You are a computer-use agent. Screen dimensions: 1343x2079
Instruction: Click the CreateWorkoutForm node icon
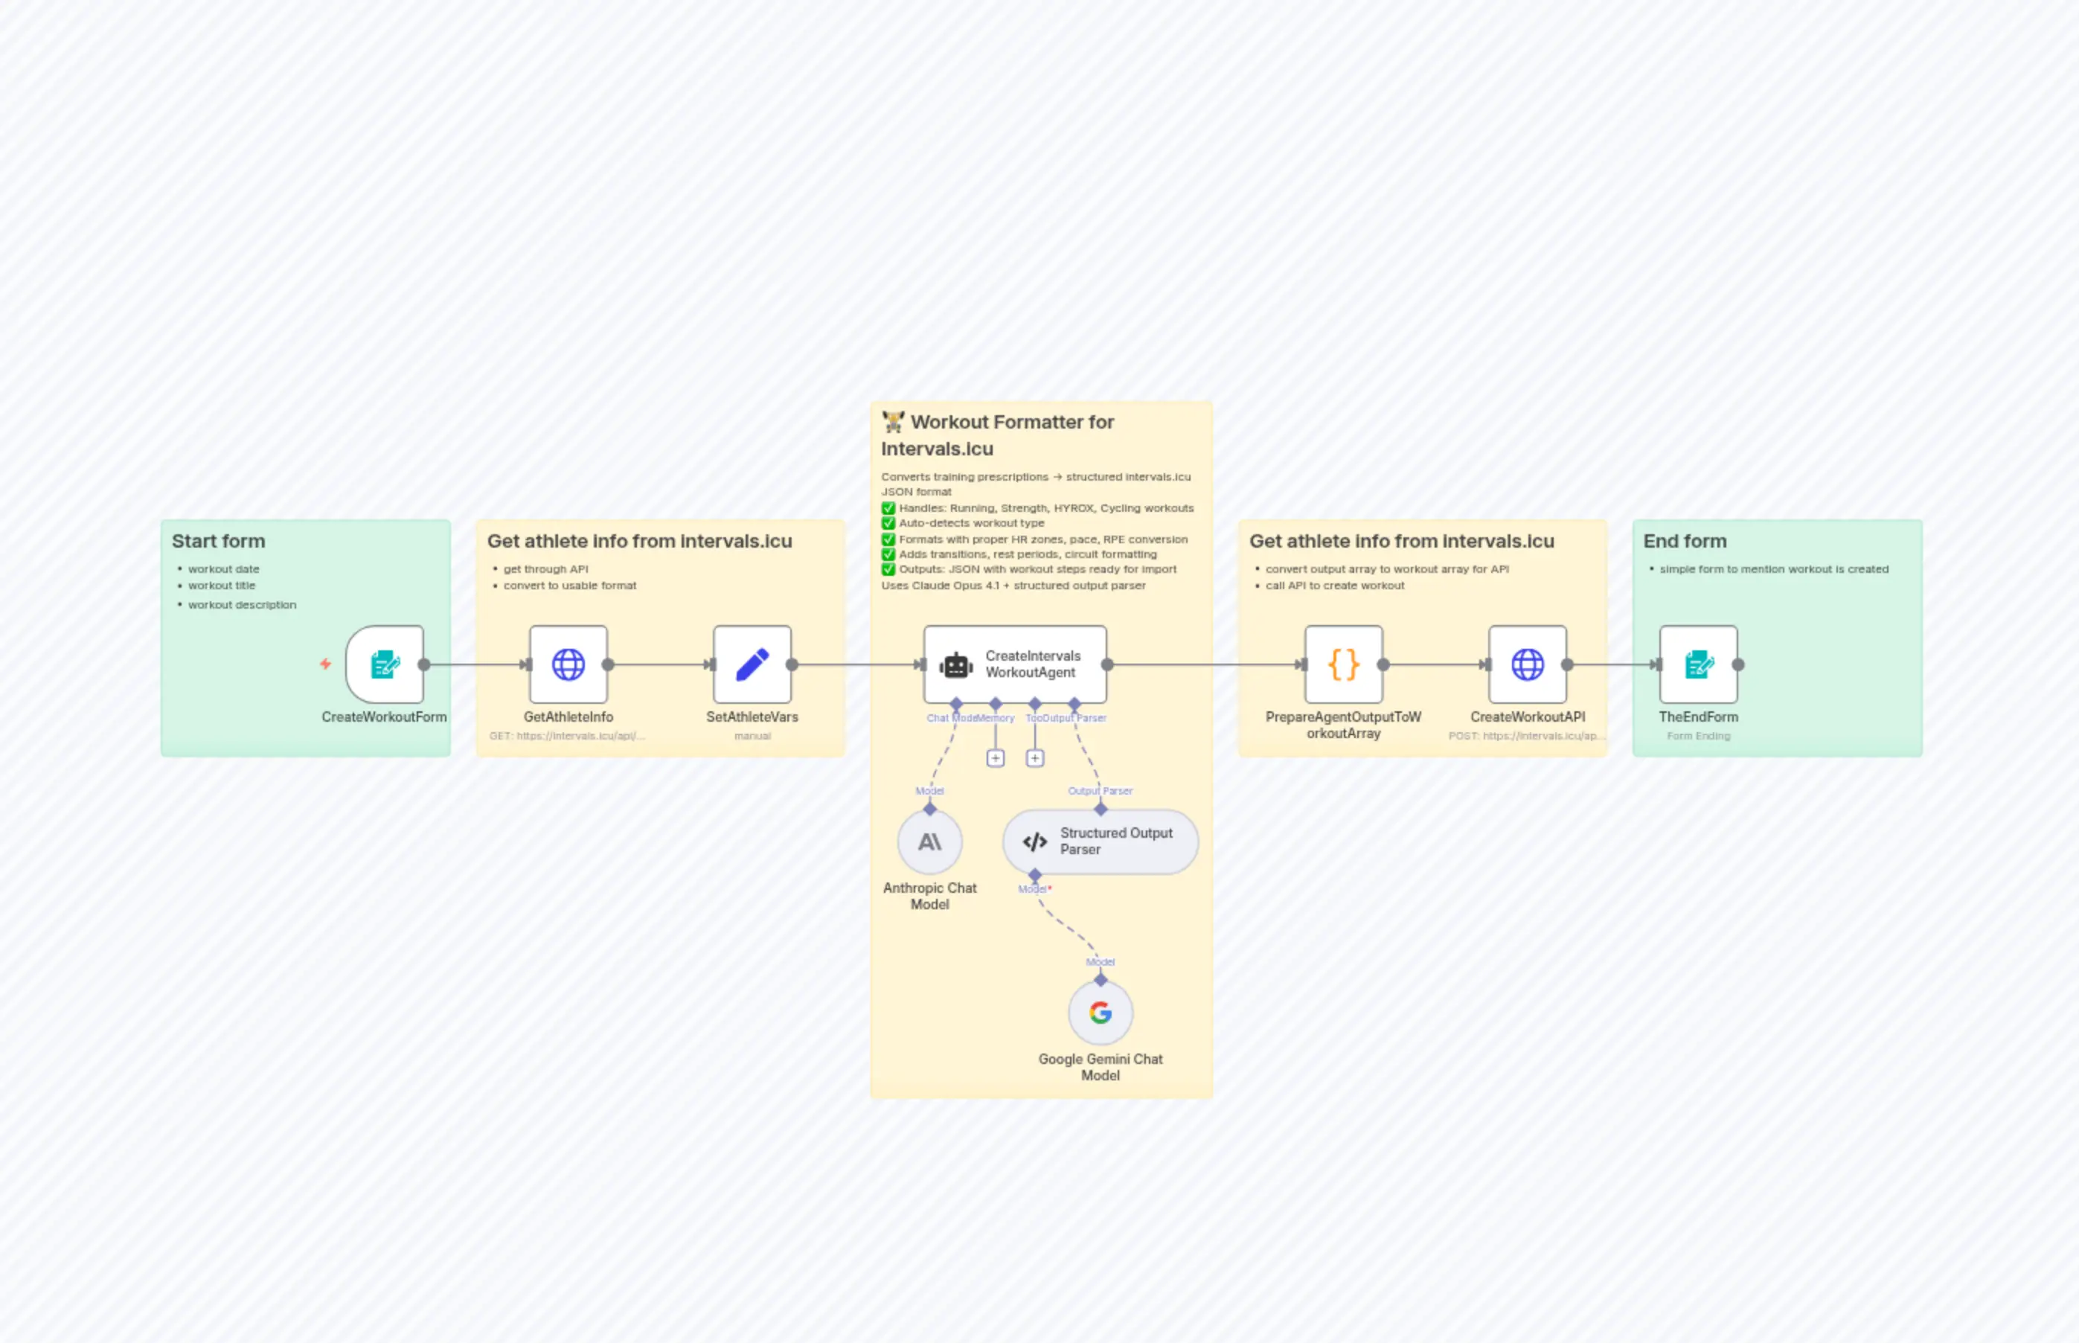point(385,664)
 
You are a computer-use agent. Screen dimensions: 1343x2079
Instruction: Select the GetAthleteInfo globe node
point(568,664)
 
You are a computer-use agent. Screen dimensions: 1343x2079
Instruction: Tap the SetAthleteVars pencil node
point(752,664)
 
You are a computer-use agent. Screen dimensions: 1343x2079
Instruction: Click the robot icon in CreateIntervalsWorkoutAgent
point(955,665)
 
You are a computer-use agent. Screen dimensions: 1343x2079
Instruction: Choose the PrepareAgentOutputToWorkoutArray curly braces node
point(1343,664)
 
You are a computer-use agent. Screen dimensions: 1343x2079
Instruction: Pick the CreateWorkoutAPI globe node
point(1527,664)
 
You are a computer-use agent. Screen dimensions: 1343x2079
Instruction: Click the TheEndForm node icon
point(1698,664)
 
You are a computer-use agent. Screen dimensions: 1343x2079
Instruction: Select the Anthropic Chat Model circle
point(929,842)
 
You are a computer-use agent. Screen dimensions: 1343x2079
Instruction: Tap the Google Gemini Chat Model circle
point(1101,1013)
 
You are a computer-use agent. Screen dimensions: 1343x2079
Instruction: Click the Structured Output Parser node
point(1101,842)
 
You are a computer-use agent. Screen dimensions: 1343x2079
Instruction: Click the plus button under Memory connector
point(995,759)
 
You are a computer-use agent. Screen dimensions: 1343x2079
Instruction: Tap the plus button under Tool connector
point(1035,759)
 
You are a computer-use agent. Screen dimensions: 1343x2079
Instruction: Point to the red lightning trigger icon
point(325,664)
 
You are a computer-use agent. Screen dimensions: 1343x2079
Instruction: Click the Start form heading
point(218,542)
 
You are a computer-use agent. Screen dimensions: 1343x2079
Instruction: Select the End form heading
point(1685,542)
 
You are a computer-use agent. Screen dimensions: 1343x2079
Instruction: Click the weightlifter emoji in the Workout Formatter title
point(893,422)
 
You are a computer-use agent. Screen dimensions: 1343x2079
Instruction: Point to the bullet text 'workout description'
point(243,605)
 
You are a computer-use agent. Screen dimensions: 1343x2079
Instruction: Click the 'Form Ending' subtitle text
point(1698,736)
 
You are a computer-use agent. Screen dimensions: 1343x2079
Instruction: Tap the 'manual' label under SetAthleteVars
point(752,736)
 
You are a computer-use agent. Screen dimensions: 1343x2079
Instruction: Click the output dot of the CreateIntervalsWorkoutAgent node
point(1107,664)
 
